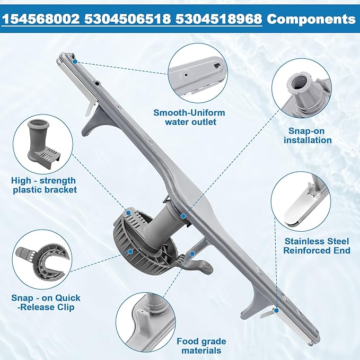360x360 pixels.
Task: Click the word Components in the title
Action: click(311, 19)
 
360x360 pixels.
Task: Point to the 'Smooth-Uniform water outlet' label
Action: click(189, 117)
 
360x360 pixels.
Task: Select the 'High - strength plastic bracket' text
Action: click(43, 185)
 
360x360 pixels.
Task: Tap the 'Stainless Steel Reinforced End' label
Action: click(317, 245)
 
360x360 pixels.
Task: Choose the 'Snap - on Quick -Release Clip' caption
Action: click(43, 302)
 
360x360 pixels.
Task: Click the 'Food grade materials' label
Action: click(201, 346)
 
